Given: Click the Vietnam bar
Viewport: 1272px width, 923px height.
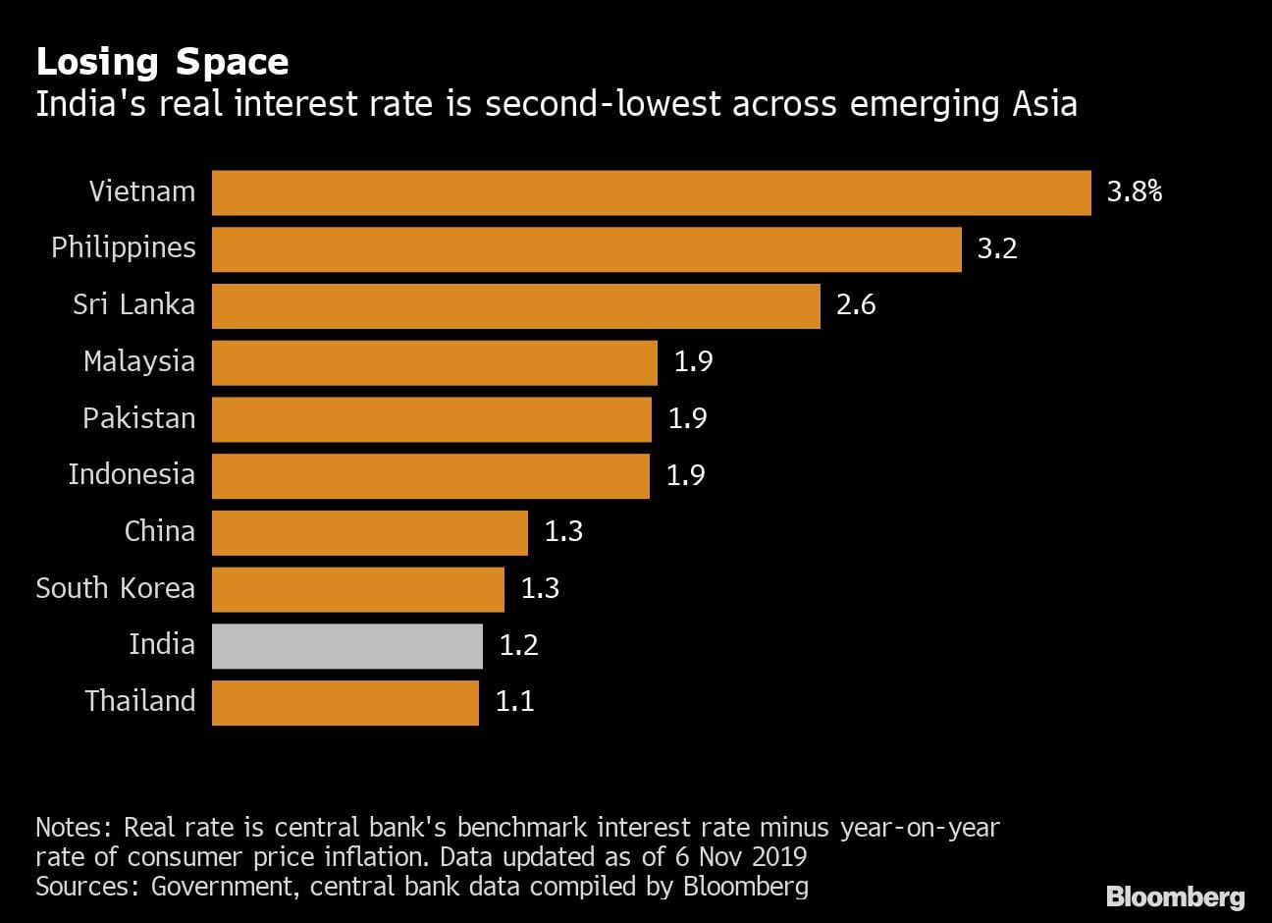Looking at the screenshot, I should pos(651,192).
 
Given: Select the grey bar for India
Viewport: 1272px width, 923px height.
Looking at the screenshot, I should pos(346,646).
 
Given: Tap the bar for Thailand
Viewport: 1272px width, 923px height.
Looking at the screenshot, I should pos(344,703).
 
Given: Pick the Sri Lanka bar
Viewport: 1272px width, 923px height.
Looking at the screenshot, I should pos(515,306).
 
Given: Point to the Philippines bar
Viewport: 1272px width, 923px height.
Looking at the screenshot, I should pos(586,249).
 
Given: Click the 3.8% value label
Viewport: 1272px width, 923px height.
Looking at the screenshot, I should pos(1134,192).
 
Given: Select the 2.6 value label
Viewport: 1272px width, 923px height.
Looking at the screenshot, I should pos(855,305).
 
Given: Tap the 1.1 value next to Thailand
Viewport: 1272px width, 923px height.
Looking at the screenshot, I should pos(514,703).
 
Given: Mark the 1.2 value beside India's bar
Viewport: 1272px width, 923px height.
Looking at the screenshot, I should pos(518,646).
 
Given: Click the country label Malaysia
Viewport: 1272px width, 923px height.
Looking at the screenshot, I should pos(138,362).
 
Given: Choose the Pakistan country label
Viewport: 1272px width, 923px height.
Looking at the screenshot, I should pos(138,419).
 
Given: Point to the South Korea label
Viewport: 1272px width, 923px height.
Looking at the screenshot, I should pos(115,589).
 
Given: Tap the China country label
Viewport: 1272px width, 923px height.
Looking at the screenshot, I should pos(159,532).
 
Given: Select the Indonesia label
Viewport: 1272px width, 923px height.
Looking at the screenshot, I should pos(132,475).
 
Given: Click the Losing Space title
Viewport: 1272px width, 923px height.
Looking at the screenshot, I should pos(162,62).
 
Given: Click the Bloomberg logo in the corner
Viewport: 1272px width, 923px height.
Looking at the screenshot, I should pos(1175,896).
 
